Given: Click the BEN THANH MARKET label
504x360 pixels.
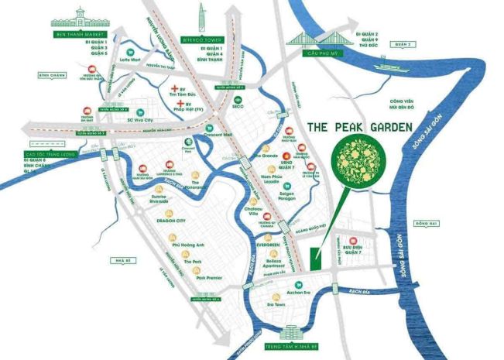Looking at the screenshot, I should (x=79, y=35).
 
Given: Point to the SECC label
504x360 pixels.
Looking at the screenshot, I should (x=238, y=108).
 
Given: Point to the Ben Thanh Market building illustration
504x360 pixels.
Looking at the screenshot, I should (x=79, y=17).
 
